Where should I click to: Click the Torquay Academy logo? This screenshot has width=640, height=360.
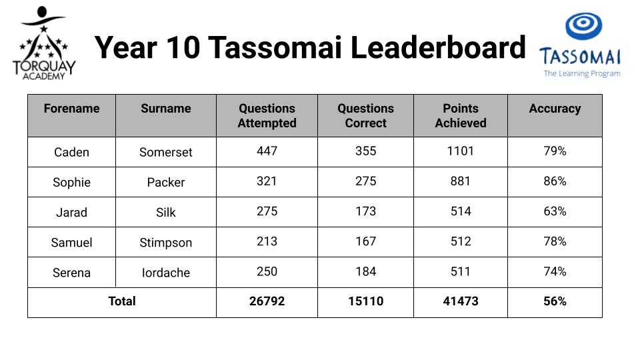(x=44, y=43)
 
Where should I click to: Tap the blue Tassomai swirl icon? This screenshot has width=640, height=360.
(x=584, y=26)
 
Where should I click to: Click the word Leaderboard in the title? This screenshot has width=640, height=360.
(x=438, y=48)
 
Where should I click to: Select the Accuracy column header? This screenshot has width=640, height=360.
(x=555, y=109)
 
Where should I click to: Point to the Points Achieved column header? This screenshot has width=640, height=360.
(x=461, y=115)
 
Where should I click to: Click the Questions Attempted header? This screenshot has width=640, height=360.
(x=267, y=115)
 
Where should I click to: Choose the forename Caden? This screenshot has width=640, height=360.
(x=71, y=152)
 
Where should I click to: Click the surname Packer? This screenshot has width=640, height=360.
(x=166, y=183)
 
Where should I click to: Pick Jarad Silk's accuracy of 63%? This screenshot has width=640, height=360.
(x=555, y=211)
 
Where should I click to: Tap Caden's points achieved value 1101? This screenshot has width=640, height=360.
(x=461, y=151)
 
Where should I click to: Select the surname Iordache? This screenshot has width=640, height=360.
(x=166, y=273)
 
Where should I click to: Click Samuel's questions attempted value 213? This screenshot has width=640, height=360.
(x=267, y=241)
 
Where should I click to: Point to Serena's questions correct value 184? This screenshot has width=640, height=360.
(x=366, y=272)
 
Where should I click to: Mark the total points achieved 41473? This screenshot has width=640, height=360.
(x=461, y=301)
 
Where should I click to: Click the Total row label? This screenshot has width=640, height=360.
(x=121, y=301)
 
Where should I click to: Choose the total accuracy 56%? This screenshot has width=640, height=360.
(x=555, y=301)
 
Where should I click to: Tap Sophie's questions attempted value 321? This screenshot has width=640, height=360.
(x=267, y=181)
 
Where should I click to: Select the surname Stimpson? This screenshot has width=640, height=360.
(x=166, y=243)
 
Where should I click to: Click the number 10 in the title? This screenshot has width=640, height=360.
(x=183, y=48)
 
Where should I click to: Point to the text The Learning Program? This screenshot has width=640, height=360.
(x=582, y=74)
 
